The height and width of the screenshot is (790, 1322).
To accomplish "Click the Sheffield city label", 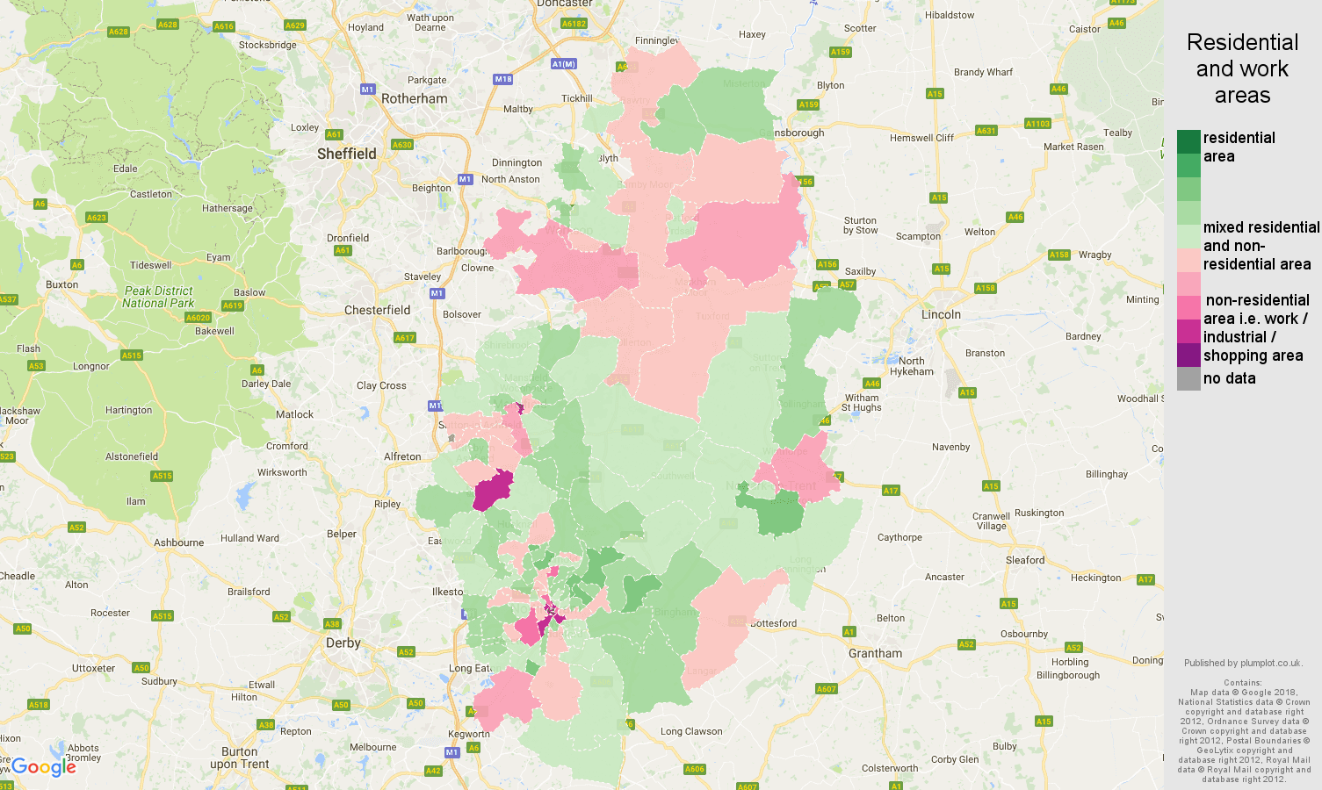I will coord(346,154).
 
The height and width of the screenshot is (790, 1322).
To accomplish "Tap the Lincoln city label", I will coord(941,314).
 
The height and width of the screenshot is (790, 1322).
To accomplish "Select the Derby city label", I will coord(343,643).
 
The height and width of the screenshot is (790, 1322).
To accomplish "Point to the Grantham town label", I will coord(875,653).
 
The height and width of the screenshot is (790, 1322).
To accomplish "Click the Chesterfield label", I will coord(377,310).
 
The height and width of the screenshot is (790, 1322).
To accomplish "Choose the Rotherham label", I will coord(414,98).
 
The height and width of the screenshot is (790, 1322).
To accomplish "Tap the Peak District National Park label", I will coord(158,297).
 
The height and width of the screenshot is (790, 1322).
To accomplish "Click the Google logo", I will coord(43,766).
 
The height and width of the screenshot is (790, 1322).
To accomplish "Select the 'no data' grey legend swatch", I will coord(1188,378).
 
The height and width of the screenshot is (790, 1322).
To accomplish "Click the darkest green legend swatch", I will coord(1188,141).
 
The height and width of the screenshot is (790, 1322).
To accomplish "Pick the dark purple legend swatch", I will coord(1188,355).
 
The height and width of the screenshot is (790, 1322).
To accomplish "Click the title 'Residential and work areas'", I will coord(1242,68).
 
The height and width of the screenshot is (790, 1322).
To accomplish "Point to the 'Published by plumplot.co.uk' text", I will coord(1242,663).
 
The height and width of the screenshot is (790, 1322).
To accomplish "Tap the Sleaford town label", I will coord(1024,560).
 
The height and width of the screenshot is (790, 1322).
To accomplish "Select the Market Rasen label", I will coord(1073,147).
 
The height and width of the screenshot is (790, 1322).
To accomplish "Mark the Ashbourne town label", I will coord(178,542).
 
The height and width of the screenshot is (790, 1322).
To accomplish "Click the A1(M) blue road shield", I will coord(564,64).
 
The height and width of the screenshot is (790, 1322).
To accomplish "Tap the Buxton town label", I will coord(61,284).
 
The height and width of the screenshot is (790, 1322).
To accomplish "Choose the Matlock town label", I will coord(294,414).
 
